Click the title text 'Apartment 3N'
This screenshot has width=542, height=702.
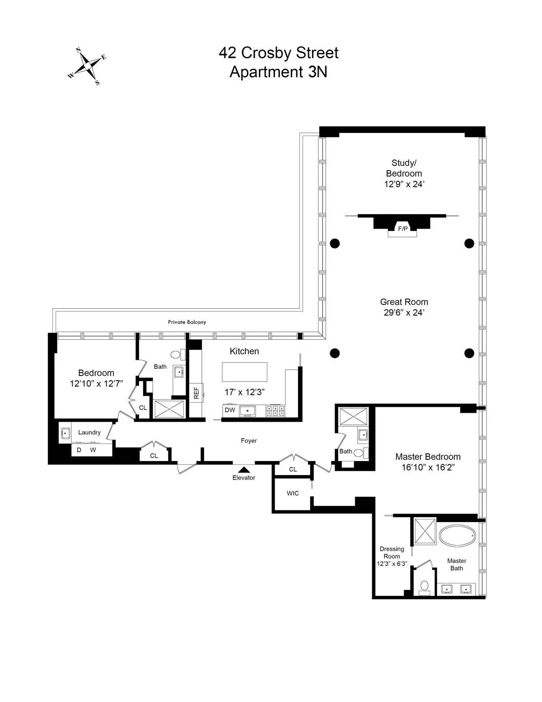[278, 72]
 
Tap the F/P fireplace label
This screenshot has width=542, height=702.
[402, 229]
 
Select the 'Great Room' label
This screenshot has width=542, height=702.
[404, 302]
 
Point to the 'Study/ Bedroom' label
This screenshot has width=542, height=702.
[404, 168]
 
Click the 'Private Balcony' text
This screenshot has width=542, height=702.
[187, 322]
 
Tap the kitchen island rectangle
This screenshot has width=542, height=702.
[244, 372]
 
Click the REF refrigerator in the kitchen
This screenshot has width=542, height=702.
[196, 393]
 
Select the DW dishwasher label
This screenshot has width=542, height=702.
[230, 410]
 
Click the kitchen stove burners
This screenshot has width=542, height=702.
[275, 410]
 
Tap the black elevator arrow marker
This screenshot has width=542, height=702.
[244, 469]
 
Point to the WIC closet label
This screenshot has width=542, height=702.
[293, 493]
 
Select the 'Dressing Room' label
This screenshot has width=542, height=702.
[392, 552]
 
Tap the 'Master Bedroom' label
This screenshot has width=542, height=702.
[428, 457]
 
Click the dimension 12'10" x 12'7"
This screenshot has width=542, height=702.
[96, 384]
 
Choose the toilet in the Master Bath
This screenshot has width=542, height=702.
[424, 586]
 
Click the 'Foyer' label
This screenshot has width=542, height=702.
[248, 441]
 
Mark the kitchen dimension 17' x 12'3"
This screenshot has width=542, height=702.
[244, 392]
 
